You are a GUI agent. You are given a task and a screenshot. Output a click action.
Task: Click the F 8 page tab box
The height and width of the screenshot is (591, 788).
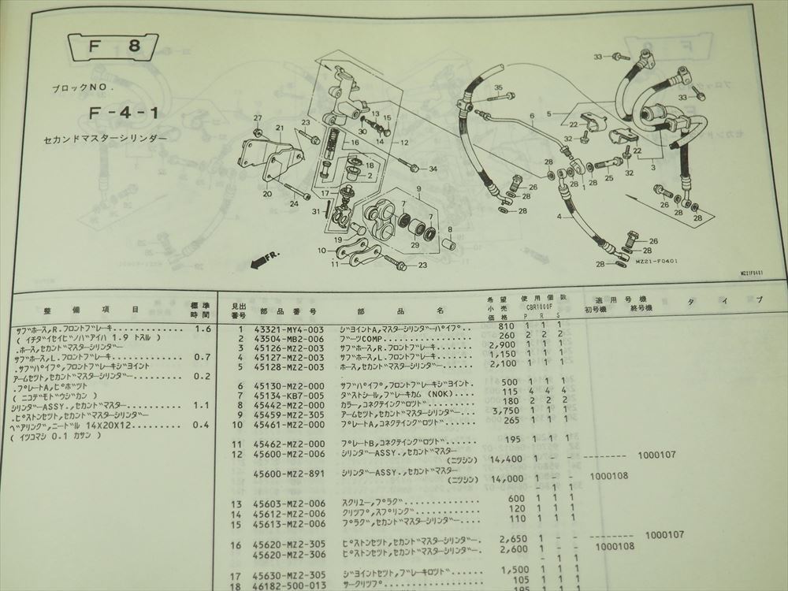point(113,47)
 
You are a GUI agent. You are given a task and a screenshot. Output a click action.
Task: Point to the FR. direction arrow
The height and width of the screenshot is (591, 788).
point(262,260)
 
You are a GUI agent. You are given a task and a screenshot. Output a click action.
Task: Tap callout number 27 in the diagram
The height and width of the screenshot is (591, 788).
point(257,118)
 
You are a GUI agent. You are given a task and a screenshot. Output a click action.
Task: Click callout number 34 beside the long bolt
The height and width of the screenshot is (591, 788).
point(433,169)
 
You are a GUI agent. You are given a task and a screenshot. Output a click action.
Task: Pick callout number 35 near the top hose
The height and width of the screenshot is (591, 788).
point(498,87)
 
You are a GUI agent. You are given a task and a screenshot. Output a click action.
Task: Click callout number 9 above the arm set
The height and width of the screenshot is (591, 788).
point(420,188)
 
